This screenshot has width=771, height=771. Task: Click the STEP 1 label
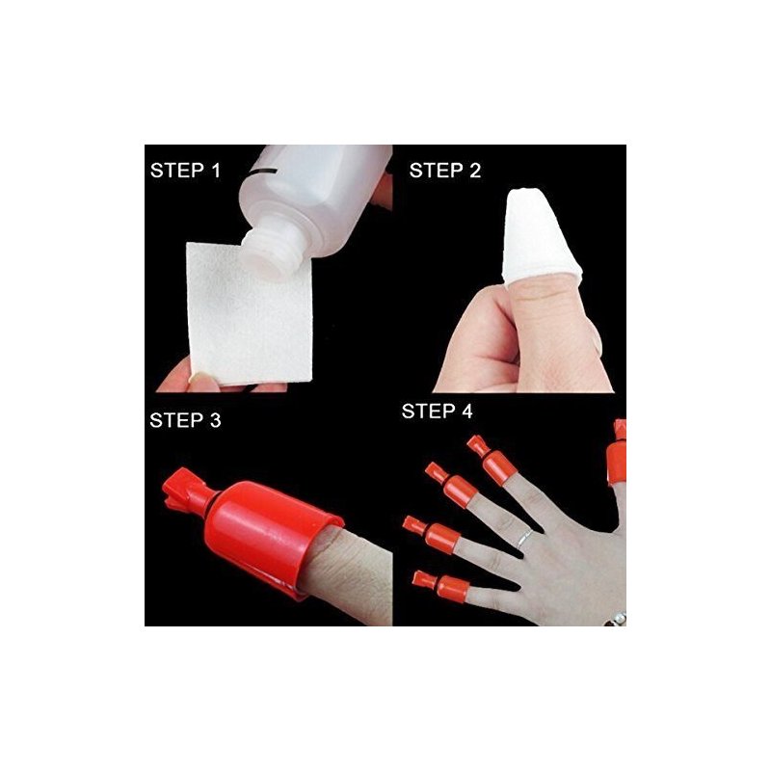pos(185,171)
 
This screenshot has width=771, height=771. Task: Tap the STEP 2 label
pos(445,171)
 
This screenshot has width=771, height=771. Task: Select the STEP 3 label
pos(185,420)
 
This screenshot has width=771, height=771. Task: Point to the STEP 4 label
pos(438,412)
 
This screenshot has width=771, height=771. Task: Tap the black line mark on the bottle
pos(263,173)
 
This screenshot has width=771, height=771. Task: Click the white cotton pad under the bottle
pos(250,314)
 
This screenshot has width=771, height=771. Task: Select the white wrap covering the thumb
pos(540,237)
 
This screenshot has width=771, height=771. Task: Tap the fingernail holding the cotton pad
pos(199,379)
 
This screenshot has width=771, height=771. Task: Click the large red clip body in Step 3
pos(273,535)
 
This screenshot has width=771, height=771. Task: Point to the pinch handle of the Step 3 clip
pos(184,490)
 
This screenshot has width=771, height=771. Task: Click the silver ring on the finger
pos(524,538)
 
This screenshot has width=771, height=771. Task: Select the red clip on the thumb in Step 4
pos(617,452)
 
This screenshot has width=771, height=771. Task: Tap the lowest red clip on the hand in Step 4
pos(440,586)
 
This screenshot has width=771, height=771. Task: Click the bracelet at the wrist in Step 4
pos(617,619)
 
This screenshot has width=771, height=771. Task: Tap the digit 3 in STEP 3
pos(215,420)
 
